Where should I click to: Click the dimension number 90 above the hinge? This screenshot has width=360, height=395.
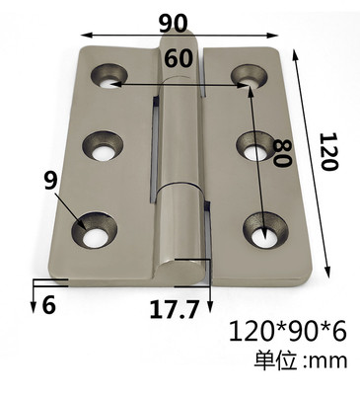[x=174, y=23]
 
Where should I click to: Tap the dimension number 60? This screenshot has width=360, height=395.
[x=178, y=58]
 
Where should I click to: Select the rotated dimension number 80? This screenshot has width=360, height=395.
[x=283, y=153]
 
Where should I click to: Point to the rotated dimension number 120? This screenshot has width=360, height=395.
[x=329, y=151]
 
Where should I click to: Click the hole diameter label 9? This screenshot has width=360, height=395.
[x=51, y=181]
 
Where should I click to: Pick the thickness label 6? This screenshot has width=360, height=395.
[x=49, y=305]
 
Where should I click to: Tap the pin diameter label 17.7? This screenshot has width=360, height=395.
[x=175, y=309]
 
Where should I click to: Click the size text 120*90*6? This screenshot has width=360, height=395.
[x=287, y=332]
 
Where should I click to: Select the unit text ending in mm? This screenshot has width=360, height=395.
[x=300, y=360]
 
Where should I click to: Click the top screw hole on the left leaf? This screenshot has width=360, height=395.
[x=109, y=76]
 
